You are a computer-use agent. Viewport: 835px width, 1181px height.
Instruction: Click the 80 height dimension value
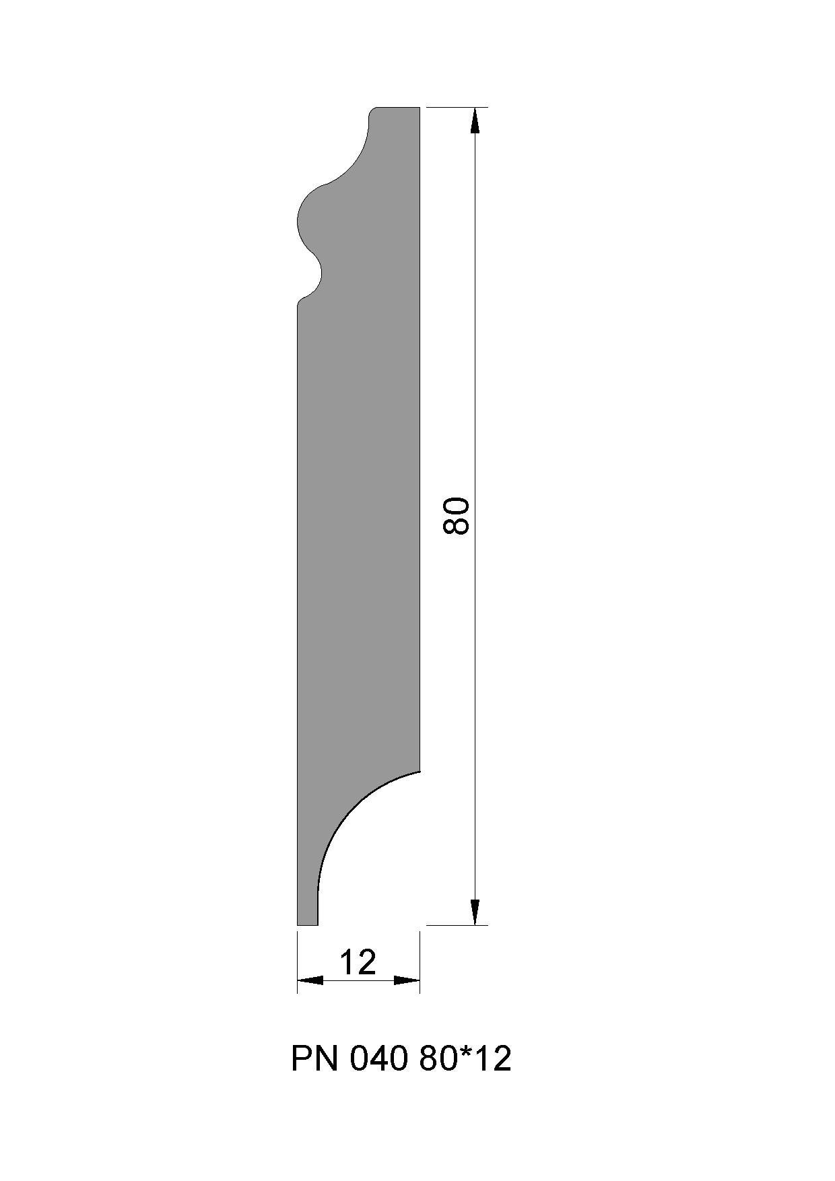tap(456, 516)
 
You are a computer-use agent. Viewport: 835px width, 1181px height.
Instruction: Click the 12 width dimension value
tap(358, 962)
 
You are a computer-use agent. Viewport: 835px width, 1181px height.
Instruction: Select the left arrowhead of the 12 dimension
tap(310, 980)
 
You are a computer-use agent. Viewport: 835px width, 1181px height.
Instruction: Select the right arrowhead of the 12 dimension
tap(407, 980)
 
